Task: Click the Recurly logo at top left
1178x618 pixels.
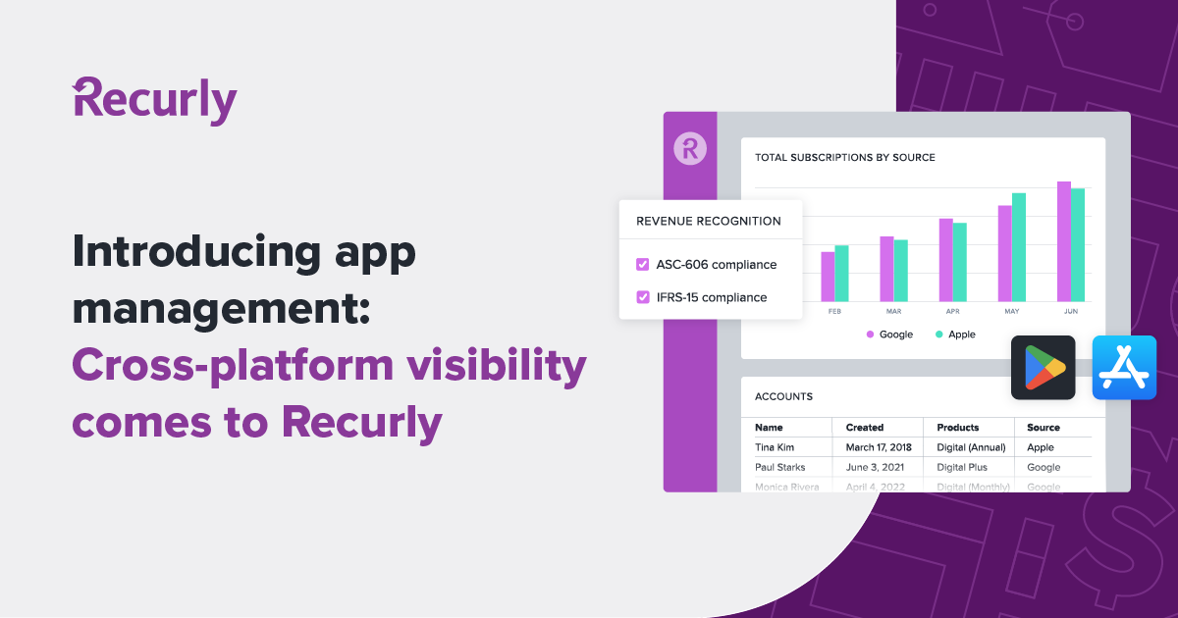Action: pos(155,101)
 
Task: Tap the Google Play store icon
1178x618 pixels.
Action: pos(1043,368)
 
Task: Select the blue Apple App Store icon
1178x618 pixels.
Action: pos(1124,368)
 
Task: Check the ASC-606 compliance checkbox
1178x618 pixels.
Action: pos(643,264)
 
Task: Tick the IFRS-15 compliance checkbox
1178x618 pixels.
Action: pos(643,296)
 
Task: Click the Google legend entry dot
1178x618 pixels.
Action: pos(870,335)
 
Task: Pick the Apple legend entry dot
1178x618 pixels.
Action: pos(938,335)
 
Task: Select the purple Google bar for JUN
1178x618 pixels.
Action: pos(1063,241)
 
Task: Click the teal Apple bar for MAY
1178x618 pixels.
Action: pos(1019,247)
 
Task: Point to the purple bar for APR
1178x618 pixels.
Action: pos(945,260)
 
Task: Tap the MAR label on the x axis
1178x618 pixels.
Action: pos(893,311)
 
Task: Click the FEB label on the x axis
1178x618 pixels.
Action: pos(834,311)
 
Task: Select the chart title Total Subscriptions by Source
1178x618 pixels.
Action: pos(844,157)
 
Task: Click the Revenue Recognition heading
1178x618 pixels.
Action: pos(709,222)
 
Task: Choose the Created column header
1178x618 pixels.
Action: pos(865,428)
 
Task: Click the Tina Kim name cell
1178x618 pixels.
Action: pos(775,447)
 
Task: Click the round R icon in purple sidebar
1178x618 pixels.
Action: pos(690,148)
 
